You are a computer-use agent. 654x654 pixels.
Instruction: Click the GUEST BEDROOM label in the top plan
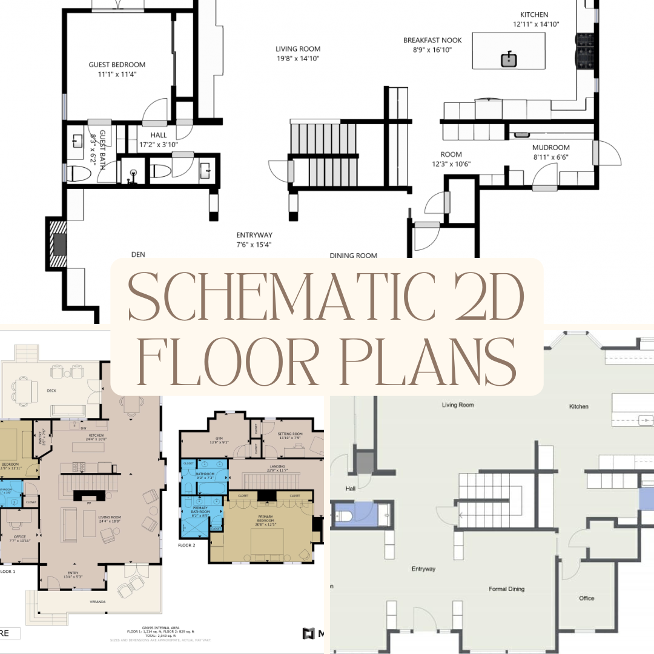pos(117,65)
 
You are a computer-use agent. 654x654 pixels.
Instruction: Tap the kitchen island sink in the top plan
pos(509,59)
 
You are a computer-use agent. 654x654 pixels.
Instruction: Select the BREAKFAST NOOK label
pos(432,41)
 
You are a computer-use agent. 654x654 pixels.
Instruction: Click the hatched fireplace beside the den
pos(59,244)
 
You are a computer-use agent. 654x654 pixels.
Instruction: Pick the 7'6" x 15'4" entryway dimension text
pos(254,245)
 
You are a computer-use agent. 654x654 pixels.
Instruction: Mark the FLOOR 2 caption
pos(187,545)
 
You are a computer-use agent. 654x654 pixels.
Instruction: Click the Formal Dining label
pos(507,589)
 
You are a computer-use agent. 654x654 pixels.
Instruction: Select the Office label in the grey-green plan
pos(586,598)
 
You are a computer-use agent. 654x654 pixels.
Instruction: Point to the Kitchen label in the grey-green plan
pos(578,406)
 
